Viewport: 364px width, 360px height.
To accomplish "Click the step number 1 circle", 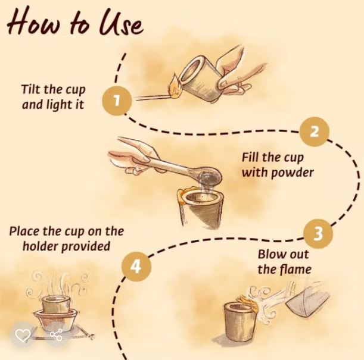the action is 117,101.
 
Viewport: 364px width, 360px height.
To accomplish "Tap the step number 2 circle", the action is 315,132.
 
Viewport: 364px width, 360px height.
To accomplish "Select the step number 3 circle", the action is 318,233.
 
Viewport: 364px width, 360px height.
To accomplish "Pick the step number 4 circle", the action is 136,267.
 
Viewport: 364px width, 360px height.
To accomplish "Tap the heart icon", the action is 23,335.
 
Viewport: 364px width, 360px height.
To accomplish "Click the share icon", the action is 57,335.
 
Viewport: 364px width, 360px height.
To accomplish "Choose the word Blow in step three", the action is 269,254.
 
